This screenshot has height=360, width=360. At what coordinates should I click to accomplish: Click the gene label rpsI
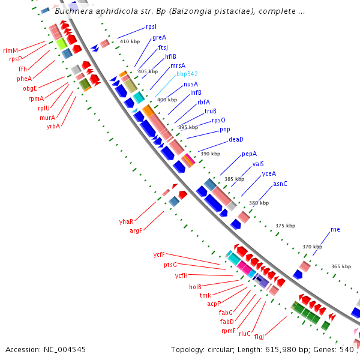[x=151, y=27]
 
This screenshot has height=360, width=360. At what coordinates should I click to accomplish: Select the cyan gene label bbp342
[x=187, y=74]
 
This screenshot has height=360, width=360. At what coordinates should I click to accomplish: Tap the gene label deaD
[x=236, y=139]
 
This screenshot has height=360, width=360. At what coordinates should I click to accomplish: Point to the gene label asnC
[x=280, y=184]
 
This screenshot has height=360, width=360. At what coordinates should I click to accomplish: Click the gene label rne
[x=335, y=230]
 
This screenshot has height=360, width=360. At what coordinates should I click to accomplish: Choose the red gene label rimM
[x=11, y=50]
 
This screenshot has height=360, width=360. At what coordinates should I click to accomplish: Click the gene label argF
[x=136, y=231]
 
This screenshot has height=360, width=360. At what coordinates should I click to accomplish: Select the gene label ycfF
[x=159, y=254]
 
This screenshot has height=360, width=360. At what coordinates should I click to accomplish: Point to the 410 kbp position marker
[x=130, y=41]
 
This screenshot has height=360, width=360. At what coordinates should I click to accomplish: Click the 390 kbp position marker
[x=210, y=154]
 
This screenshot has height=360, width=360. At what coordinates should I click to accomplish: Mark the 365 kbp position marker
[x=341, y=266]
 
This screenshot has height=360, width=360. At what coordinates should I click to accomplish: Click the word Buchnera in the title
[x=73, y=11]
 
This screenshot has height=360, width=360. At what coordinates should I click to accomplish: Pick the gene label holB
[x=196, y=287]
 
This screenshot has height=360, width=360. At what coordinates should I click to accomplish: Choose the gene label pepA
[x=249, y=154]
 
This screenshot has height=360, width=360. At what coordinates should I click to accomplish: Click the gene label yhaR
[x=126, y=221]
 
